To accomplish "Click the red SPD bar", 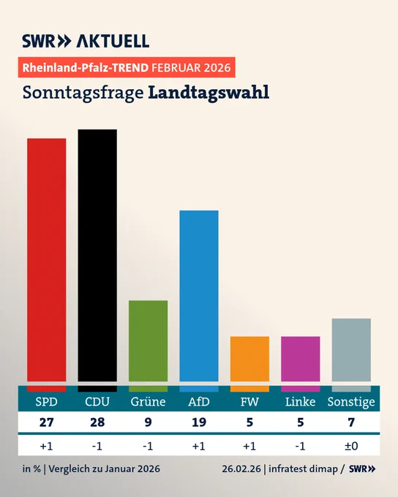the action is tap(47, 260).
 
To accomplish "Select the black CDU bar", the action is tap(97, 256).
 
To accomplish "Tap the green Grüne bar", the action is tap(149, 341).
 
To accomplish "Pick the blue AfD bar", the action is tap(199, 296).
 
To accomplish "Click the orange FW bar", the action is tap(249, 359).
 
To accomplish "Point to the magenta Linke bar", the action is tap(301, 359).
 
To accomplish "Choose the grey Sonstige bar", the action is tap(351, 350).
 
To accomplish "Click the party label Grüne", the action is tap(149, 402).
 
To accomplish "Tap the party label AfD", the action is tap(199, 402).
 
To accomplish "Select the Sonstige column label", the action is tap(351, 402).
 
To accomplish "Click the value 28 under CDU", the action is tap(97, 422).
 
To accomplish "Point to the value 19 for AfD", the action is tap(199, 422).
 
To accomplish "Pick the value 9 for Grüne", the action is tap(149, 422).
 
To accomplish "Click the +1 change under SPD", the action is tap(46, 447).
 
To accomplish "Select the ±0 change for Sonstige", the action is tap(351, 447).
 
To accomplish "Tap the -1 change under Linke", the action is tap(300, 447).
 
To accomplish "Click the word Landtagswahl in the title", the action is tap(209, 93).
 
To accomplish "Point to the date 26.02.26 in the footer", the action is tap(241, 468).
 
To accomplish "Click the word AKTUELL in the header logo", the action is tap(113, 41).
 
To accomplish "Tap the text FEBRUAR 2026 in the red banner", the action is tap(191, 68).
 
